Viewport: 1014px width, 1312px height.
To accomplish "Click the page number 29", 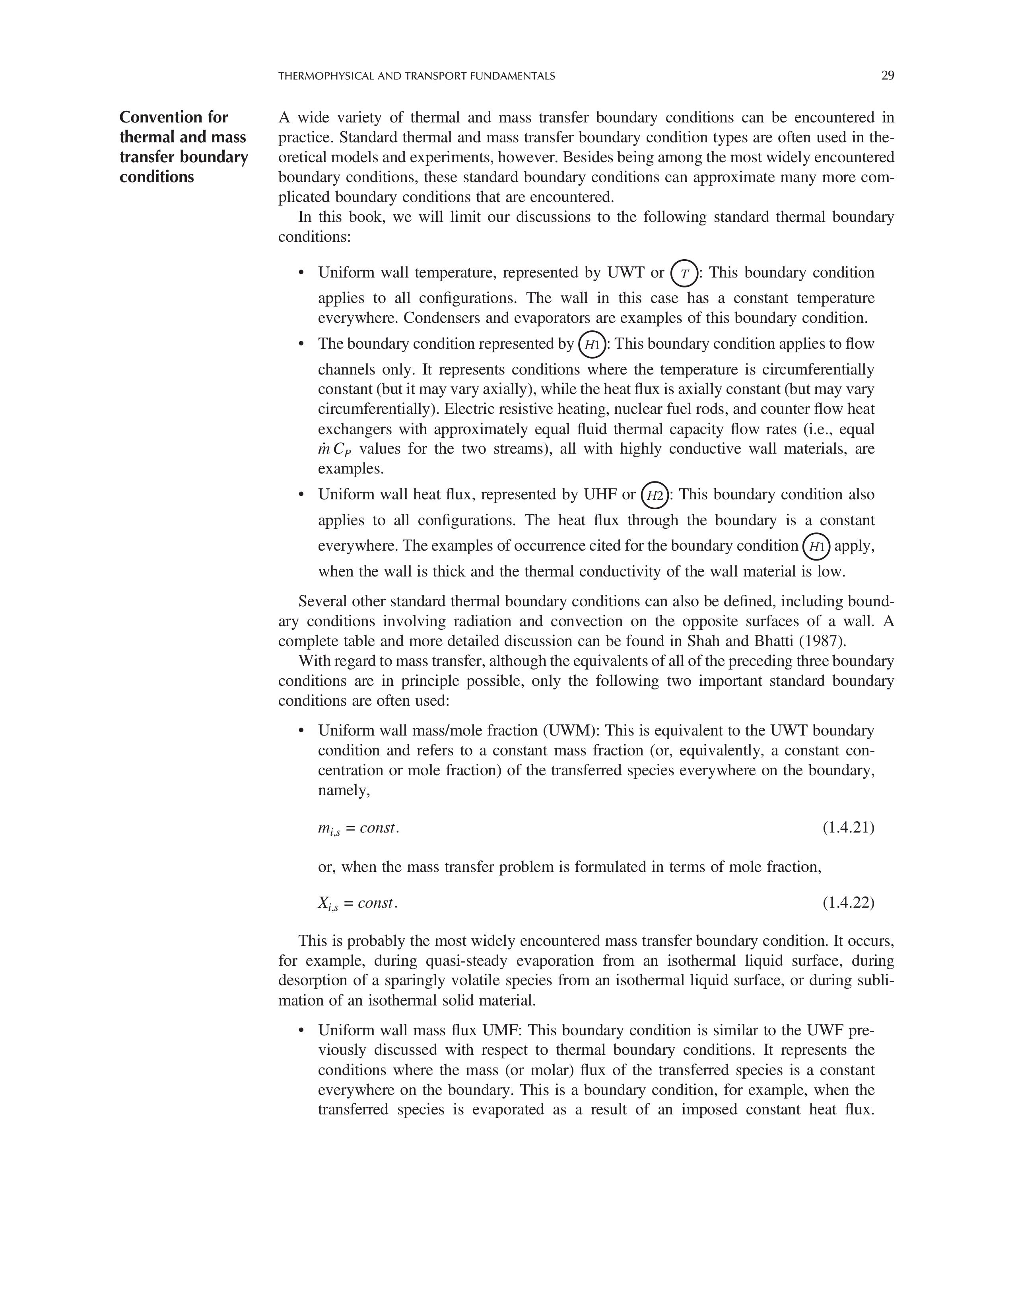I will pyautogui.click(x=887, y=76).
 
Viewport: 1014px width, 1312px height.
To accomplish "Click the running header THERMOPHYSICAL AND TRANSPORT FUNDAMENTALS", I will pyautogui.click(x=416, y=76).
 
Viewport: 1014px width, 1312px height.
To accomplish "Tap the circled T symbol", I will pyautogui.click(x=684, y=274).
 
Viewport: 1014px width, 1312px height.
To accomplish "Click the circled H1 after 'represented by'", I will pyautogui.click(x=592, y=345).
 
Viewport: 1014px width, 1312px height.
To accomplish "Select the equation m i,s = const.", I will pyautogui.click(x=358, y=829).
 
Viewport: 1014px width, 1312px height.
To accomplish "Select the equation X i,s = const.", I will pyautogui.click(x=357, y=904).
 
